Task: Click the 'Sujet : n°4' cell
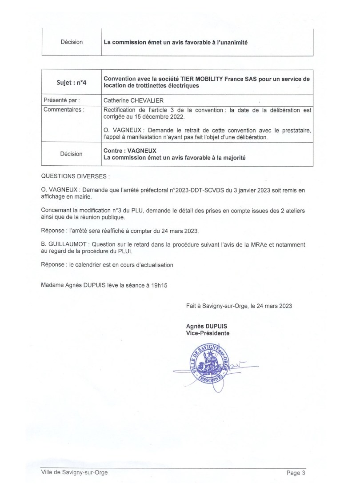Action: pyautogui.click(x=72, y=82)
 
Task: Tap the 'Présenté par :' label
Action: pyautogui.click(x=60, y=100)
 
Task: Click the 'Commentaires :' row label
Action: pyautogui.click(x=63, y=109)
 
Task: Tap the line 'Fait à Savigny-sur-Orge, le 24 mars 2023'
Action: pyautogui.click(x=239, y=306)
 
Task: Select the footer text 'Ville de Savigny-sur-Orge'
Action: pyautogui.click(x=74, y=472)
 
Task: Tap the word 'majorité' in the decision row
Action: pyautogui.click(x=231, y=158)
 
